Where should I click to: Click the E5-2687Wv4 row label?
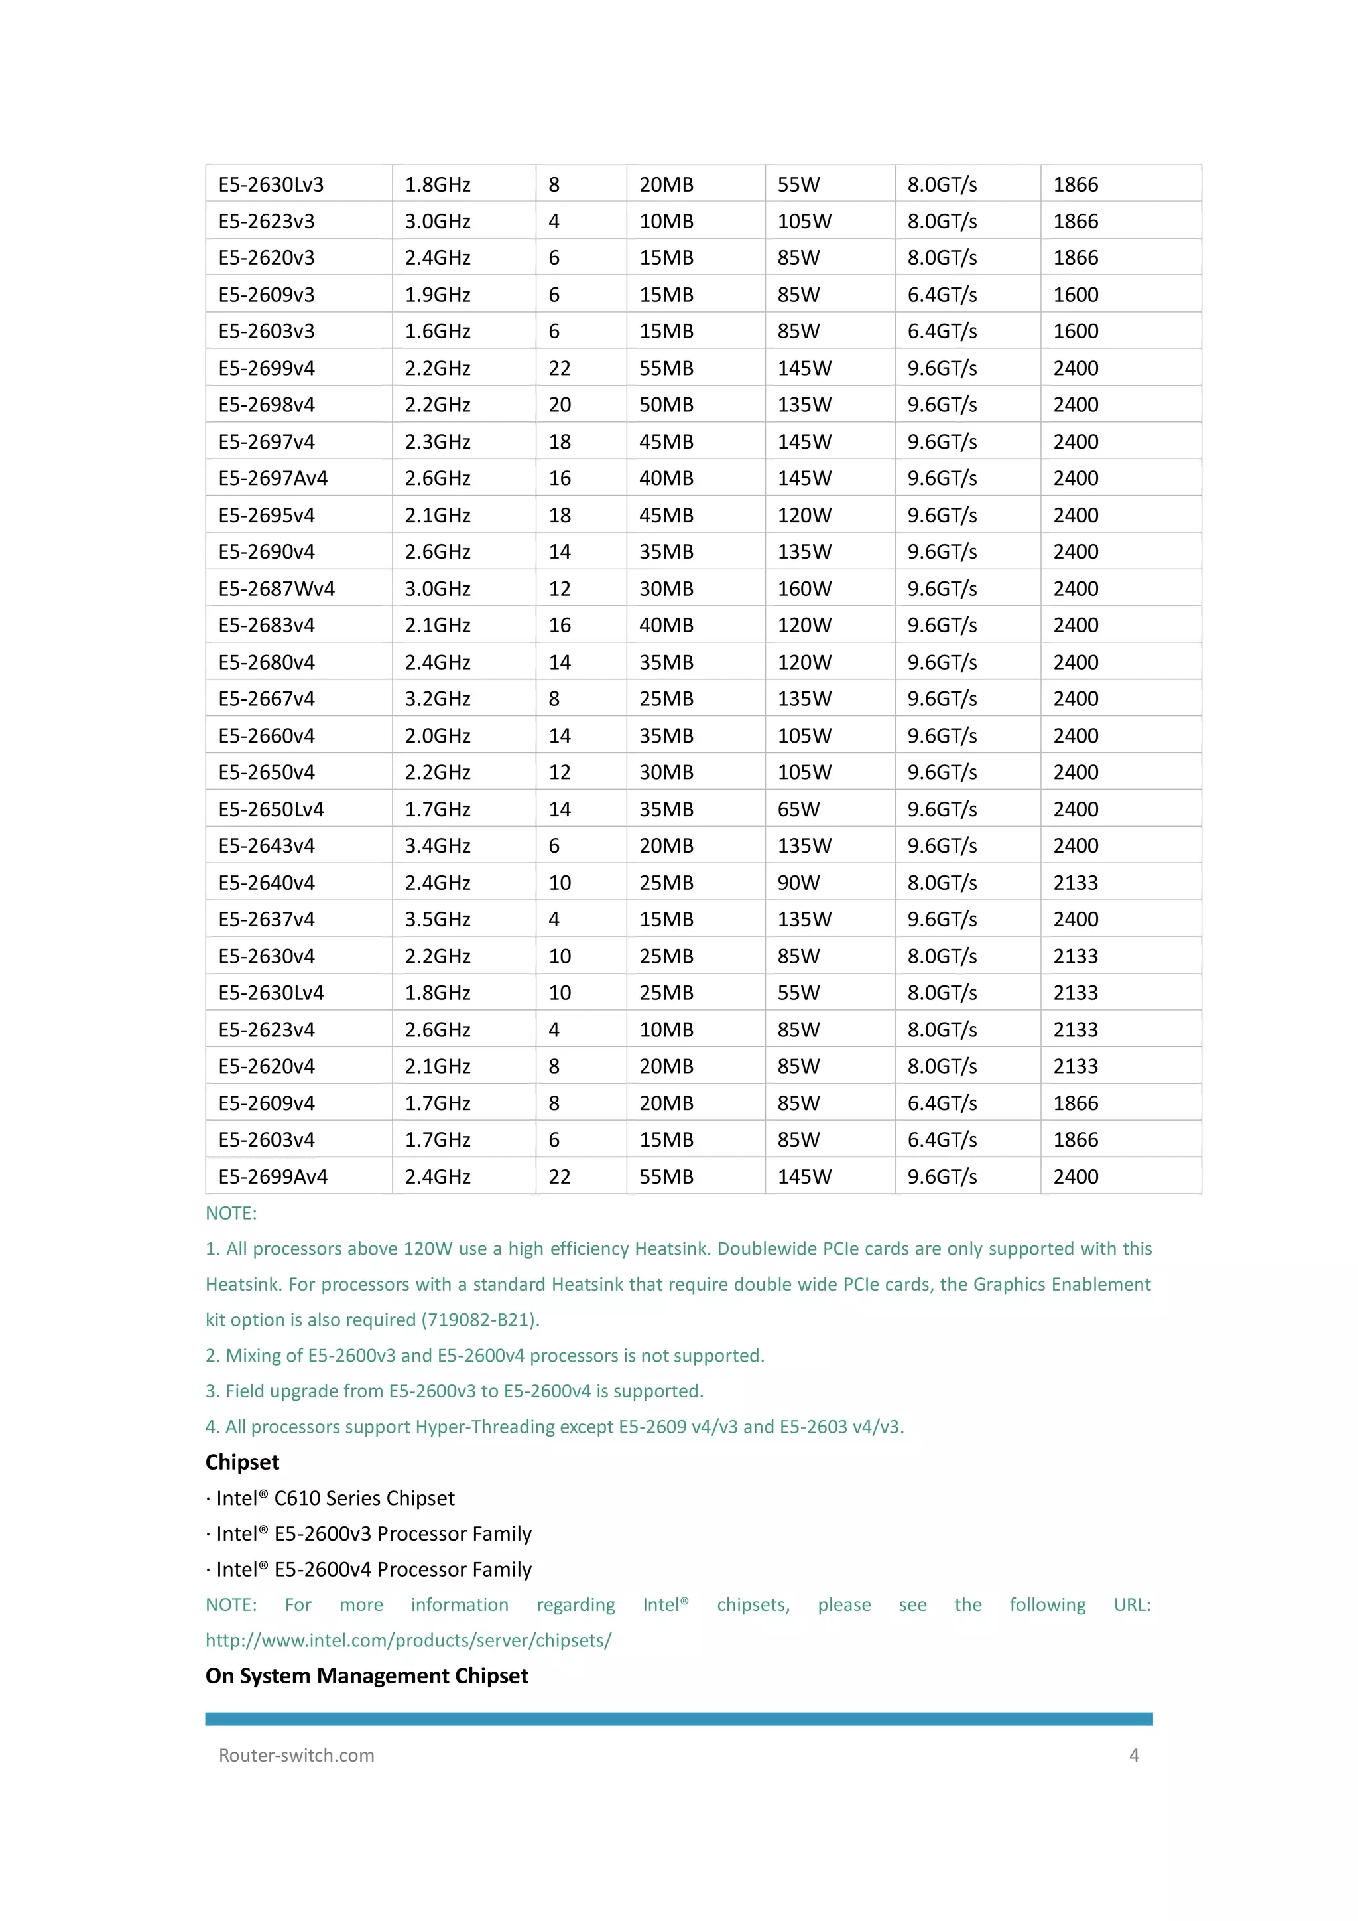pos(276,589)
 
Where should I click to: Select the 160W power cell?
pos(804,589)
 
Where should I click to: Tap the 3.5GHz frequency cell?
pos(438,920)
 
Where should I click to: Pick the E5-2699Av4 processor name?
pos(273,1177)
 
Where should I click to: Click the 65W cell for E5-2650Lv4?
pos(798,809)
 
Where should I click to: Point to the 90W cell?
pos(798,883)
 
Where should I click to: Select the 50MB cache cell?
pos(666,405)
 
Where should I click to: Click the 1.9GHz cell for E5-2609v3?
pos(438,295)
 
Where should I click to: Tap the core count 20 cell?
pos(560,405)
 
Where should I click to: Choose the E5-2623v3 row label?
pos(266,222)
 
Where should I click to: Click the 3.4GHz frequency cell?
pos(438,846)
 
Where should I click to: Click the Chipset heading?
pos(243,1462)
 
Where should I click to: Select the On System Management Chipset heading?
pos(367,1676)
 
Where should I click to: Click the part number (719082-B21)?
pos(480,1320)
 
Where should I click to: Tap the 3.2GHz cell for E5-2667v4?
pos(438,699)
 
